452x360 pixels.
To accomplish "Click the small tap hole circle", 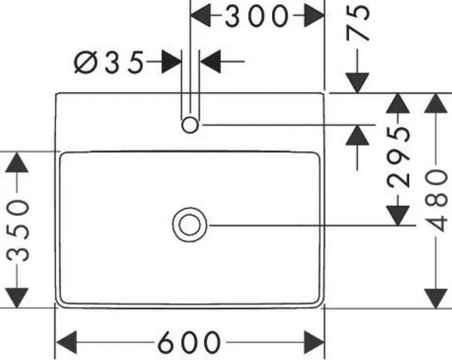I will [190, 125].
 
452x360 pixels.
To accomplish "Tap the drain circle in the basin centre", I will [190, 225].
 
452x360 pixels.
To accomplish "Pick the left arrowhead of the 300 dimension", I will [202, 16].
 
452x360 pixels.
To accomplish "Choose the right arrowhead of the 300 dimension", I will [313, 16].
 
